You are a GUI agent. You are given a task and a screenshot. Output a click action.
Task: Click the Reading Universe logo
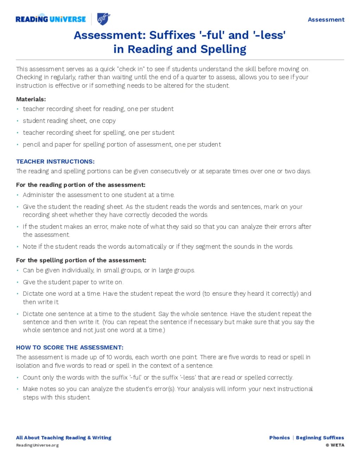51,19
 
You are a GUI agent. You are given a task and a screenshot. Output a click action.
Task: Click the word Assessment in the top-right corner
326,20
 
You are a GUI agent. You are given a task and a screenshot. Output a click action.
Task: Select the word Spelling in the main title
223,49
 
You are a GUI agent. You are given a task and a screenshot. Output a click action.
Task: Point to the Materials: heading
31,99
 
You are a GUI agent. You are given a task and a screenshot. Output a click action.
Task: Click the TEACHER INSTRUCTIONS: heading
55,161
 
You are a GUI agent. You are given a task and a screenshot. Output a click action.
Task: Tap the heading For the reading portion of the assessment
81,185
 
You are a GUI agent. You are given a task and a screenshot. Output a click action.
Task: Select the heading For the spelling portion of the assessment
81,260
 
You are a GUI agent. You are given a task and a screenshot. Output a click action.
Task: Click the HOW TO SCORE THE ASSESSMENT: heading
70,347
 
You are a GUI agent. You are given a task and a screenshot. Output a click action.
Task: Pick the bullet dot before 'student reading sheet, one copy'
18,121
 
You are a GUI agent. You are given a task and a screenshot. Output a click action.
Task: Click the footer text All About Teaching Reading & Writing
64,438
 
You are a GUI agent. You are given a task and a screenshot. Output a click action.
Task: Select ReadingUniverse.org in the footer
37,445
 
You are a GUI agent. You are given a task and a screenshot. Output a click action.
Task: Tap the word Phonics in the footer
279,438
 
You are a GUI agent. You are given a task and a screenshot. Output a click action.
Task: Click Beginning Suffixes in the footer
320,438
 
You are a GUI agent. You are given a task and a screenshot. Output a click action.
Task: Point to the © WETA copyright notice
335,445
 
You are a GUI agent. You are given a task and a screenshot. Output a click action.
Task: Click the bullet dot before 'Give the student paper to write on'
18,282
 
